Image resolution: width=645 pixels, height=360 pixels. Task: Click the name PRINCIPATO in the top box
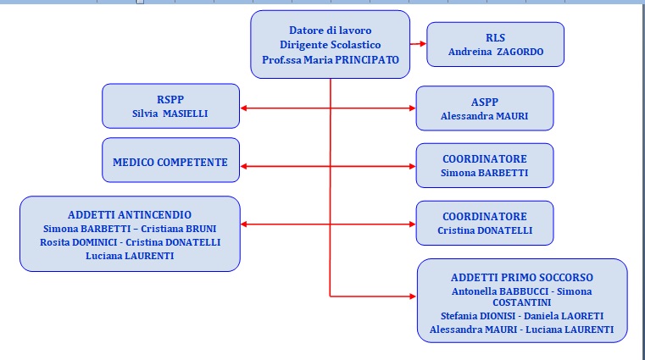[x=367, y=60]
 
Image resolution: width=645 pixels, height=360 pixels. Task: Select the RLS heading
[x=495, y=38]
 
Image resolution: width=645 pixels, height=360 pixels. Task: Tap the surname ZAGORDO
[x=520, y=52]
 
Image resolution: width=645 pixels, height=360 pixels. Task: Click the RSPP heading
[x=170, y=99]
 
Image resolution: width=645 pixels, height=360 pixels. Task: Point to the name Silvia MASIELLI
[x=170, y=114]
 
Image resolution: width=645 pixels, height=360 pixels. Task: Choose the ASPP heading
[x=485, y=102]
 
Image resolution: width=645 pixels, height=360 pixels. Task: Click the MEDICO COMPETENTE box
[x=170, y=160]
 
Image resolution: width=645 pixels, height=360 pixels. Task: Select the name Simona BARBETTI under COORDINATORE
[x=485, y=173]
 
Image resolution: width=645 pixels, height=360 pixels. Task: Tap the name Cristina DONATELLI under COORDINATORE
[x=485, y=230]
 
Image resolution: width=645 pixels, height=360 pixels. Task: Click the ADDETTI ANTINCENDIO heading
[x=130, y=215]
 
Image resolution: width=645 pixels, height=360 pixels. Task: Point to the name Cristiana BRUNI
[x=179, y=229]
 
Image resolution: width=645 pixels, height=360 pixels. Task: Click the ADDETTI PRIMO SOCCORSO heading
[x=522, y=278]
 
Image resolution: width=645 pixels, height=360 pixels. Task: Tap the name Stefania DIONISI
[x=478, y=316]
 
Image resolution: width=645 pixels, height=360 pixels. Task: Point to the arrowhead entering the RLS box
[x=423, y=43]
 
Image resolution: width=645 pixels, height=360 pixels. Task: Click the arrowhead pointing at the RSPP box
[x=243, y=108]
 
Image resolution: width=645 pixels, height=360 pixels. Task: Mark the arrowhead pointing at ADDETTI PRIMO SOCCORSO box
[x=413, y=296]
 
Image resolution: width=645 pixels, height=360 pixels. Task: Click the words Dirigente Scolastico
[x=331, y=45]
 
